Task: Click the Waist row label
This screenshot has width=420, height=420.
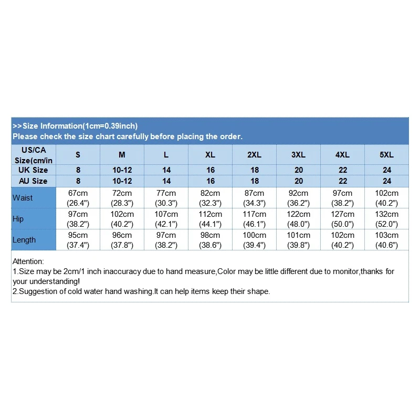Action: tap(23, 198)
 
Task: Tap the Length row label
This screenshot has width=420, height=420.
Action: tap(24, 240)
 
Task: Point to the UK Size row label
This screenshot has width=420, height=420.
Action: tap(33, 170)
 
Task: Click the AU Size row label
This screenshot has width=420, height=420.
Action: tap(33, 181)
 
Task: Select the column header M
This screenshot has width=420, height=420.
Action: tap(122, 155)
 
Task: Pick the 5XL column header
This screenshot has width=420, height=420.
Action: tap(386, 155)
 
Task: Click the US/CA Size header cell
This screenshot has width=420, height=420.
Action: tap(34, 155)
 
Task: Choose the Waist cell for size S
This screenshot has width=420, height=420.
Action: tap(78, 198)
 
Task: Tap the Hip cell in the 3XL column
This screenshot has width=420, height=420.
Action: tap(298, 219)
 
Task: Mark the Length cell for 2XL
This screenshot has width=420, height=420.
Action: tap(254, 240)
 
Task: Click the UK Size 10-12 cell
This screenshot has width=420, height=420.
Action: tap(122, 170)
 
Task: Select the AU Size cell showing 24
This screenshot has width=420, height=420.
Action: tap(386, 181)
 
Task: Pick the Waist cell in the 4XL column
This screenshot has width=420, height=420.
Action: tap(342, 198)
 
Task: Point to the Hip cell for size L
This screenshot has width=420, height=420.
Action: tap(166, 219)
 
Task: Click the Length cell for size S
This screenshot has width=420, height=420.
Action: tap(78, 240)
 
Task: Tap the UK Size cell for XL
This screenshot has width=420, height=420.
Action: tap(210, 170)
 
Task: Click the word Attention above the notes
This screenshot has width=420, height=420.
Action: tap(28, 261)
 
